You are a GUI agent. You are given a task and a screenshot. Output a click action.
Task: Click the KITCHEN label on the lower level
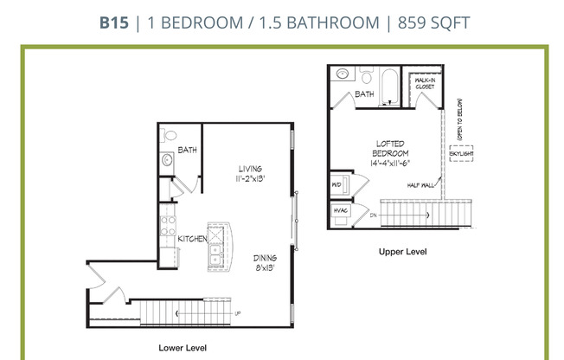(x=191, y=239)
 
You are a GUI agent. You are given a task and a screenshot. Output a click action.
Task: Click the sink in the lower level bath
(x=167, y=161)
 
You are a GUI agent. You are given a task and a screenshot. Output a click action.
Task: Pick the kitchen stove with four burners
(x=166, y=228)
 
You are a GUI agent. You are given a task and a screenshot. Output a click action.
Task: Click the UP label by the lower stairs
(x=237, y=313)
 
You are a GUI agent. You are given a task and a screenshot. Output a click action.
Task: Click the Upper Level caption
(x=403, y=252)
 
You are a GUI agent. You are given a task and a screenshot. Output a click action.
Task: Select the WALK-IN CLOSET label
(x=424, y=84)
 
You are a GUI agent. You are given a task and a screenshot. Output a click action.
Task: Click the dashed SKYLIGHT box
(x=460, y=156)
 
